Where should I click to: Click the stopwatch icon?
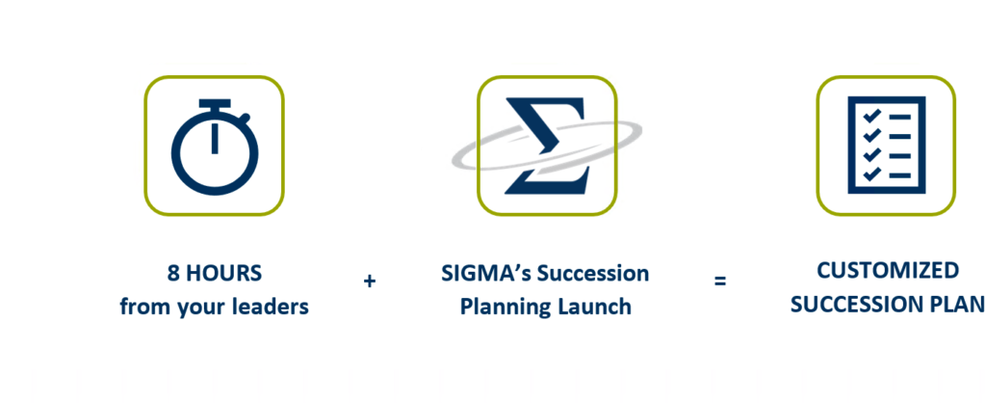(215, 147)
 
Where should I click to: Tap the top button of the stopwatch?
(215, 103)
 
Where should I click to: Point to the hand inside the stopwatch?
(215, 139)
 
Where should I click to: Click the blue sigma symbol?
(547, 146)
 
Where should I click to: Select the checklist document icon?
(886, 145)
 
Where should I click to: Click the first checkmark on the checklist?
(870, 117)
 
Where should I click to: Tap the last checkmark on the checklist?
(870, 175)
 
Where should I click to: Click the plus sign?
(369, 282)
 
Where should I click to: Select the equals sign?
(720, 281)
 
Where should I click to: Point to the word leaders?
(273, 307)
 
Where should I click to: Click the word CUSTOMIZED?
(887, 271)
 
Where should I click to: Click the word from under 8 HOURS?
(142, 307)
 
